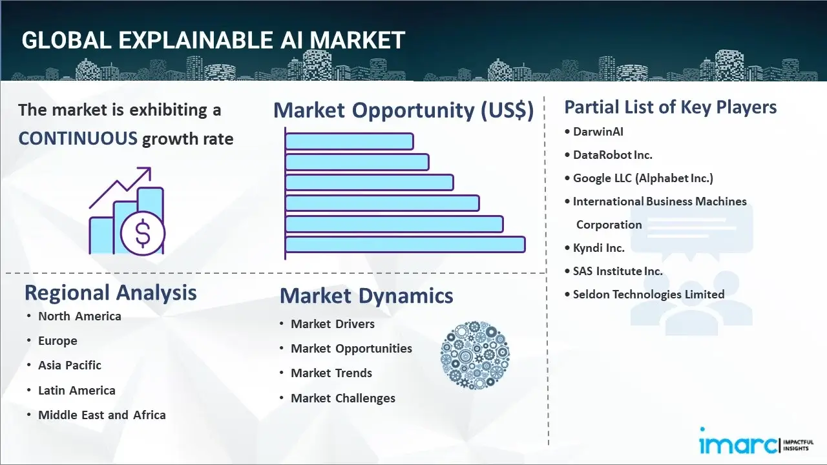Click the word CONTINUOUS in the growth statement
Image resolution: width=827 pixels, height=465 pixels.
[78, 138]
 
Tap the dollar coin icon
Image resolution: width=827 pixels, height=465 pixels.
[143, 234]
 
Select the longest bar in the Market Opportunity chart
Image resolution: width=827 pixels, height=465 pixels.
[405, 244]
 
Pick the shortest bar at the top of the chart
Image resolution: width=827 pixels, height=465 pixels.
[349, 141]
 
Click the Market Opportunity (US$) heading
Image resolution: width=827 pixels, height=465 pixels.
[403, 110]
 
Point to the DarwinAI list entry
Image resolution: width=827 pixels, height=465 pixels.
[598, 132]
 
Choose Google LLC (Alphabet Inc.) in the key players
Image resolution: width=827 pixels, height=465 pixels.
[643, 178]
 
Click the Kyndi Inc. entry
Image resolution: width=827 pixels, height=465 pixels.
[598, 248]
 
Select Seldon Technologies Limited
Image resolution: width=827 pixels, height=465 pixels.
[648, 294]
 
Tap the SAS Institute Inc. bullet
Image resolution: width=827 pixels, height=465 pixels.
[618, 271]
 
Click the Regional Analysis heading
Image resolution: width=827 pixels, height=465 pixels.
[110, 293]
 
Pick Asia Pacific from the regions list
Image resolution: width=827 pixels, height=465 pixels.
[70, 366]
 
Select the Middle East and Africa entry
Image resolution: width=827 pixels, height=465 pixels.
[101, 415]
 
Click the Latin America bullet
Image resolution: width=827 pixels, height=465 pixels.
[76, 391]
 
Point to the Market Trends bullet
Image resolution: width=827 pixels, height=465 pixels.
[331, 373]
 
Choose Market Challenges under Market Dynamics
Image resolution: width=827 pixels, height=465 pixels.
[342, 398]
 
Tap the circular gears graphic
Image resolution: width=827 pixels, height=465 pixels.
[475, 355]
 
